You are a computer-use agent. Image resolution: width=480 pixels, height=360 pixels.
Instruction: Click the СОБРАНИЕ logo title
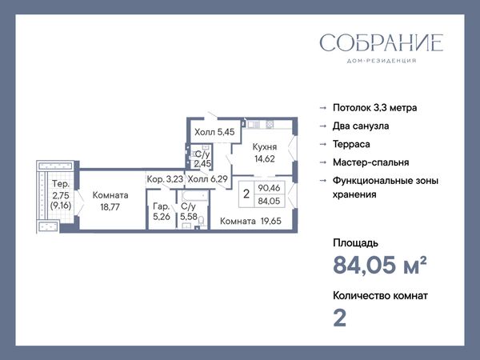[x=382, y=43]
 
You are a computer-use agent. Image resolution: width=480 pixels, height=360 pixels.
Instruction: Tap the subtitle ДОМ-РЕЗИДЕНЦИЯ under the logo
[x=382, y=61]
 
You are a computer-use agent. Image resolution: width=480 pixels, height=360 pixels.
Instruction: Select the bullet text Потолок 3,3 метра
[x=374, y=108]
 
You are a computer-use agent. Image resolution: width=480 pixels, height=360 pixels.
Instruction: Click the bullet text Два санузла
[x=361, y=126]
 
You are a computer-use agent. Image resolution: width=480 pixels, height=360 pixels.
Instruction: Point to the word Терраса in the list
[x=351, y=144]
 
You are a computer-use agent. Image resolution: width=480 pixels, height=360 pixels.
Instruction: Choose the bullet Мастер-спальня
[x=371, y=162]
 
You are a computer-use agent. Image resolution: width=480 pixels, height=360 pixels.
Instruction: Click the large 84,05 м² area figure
[x=379, y=265]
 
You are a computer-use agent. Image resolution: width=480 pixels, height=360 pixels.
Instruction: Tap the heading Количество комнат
[x=380, y=296]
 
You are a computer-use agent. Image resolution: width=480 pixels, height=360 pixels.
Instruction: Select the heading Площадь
[x=355, y=243]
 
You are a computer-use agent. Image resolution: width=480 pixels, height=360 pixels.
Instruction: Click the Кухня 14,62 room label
[x=265, y=153]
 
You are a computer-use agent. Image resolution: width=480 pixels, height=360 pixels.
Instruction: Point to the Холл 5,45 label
[x=214, y=132]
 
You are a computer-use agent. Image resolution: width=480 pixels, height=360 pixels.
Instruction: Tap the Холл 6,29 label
[x=207, y=178]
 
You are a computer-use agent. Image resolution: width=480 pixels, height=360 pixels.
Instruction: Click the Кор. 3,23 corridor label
[x=165, y=179]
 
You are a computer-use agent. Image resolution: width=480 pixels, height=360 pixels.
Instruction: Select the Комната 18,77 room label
[x=110, y=201]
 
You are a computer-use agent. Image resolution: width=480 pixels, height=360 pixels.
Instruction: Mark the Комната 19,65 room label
[x=250, y=221]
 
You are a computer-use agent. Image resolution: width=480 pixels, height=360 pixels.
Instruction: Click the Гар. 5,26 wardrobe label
[x=162, y=211]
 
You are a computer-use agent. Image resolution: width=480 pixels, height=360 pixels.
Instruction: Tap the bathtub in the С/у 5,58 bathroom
[x=194, y=196]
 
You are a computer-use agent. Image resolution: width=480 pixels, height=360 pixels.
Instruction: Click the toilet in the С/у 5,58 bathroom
[x=201, y=221]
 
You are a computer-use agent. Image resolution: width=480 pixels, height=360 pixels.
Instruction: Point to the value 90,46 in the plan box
[x=269, y=188]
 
